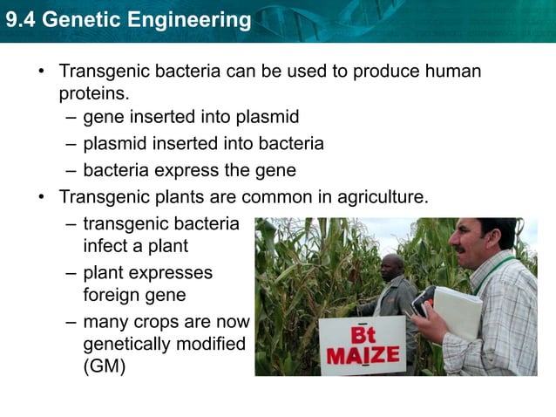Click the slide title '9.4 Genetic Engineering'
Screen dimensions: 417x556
click(x=128, y=19)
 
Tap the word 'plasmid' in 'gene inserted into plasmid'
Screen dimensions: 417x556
click(x=268, y=118)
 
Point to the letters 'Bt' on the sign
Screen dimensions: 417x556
click(x=362, y=335)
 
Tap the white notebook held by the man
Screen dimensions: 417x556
click(x=457, y=311)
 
